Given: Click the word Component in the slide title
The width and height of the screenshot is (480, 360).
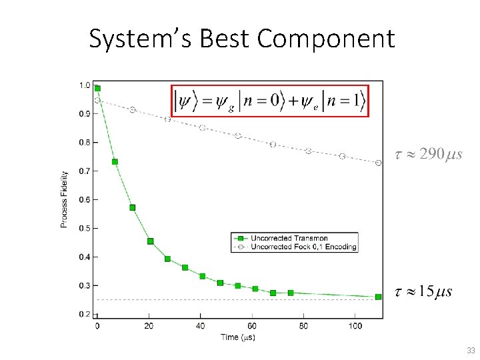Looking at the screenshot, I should click(x=326, y=39).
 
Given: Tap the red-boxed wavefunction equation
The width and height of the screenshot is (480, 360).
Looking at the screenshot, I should click(x=270, y=101).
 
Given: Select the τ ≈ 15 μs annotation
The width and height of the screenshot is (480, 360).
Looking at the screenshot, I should click(x=423, y=291).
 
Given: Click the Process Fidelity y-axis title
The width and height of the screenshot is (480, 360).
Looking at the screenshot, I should click(x=65, y=199).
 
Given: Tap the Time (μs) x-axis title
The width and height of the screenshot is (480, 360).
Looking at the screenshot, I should click(x=238, y=337).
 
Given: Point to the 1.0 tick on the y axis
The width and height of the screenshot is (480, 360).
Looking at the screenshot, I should click(x=85, y=85).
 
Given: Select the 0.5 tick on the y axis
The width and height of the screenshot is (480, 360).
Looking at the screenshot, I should click(x=85, y=229).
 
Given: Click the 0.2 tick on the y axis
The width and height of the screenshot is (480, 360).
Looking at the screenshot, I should click(x=85, y=314).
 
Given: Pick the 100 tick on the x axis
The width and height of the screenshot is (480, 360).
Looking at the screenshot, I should click(x=355, y=326).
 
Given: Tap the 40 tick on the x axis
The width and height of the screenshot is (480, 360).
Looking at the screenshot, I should click(x=201, y=326).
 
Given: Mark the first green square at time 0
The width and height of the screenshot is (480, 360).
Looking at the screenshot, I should click(x=97, y=88).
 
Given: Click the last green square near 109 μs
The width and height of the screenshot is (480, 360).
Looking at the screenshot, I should click(x=378, y=297).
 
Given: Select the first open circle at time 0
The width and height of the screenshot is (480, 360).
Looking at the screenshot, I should click(x=97, y=101).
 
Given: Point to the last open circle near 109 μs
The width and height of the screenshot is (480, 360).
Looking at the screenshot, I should click(x=378, y=163).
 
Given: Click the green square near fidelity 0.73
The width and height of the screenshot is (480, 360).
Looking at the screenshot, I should click(x=115, y=162).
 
